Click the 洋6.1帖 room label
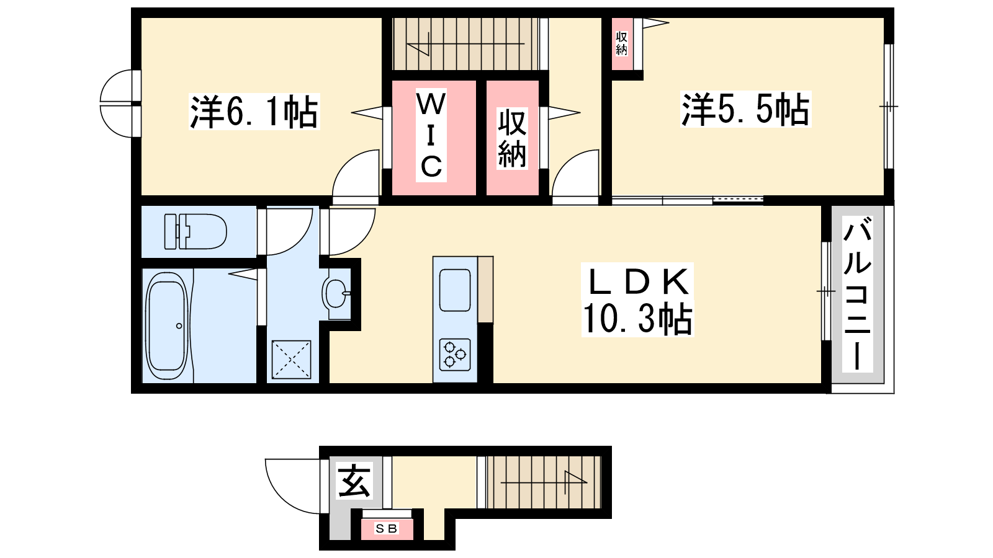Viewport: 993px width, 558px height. [x=254, y=112]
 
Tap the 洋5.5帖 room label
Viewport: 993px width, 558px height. [x=745, y=109]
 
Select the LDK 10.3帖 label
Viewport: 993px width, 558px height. [x=637, y=300]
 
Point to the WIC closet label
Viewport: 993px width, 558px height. [x=431, y=135]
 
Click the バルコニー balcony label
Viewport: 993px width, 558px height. [x=857, y=294]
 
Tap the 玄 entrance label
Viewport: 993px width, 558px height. [x=354, y=481]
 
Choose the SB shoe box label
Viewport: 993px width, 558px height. [x=386, y=528]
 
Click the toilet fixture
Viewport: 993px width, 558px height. [x=195, y=231]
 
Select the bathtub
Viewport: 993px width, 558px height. [x=167, y=325]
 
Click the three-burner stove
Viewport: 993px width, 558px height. [x=455, y=354]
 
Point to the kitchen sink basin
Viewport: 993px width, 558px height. [x=455, y=290]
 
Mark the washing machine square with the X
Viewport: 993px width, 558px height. [x=291, y=359]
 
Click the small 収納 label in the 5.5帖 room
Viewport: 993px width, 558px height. [x=621, y=43]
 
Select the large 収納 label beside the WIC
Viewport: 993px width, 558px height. [x=512, y=139]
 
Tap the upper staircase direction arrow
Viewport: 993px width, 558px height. [x=465, y=44]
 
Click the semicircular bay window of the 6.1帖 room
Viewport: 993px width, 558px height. [x=106, y=104]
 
